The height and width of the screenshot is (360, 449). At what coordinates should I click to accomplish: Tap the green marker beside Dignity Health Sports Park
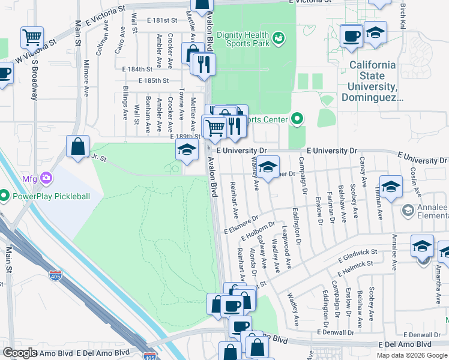click(x=278, y=39)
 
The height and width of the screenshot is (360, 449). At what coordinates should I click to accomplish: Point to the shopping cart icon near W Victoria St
click(x=32, y=38)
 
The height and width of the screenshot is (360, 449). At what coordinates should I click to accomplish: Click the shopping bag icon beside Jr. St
click(x=79, y=146)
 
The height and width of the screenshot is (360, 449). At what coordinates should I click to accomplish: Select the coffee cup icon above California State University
click(x=351, y=35)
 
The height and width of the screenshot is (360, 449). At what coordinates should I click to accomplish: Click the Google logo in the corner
click(x=20, y=353)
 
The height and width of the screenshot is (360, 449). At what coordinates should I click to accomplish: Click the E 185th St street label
click(x=154, y=80)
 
